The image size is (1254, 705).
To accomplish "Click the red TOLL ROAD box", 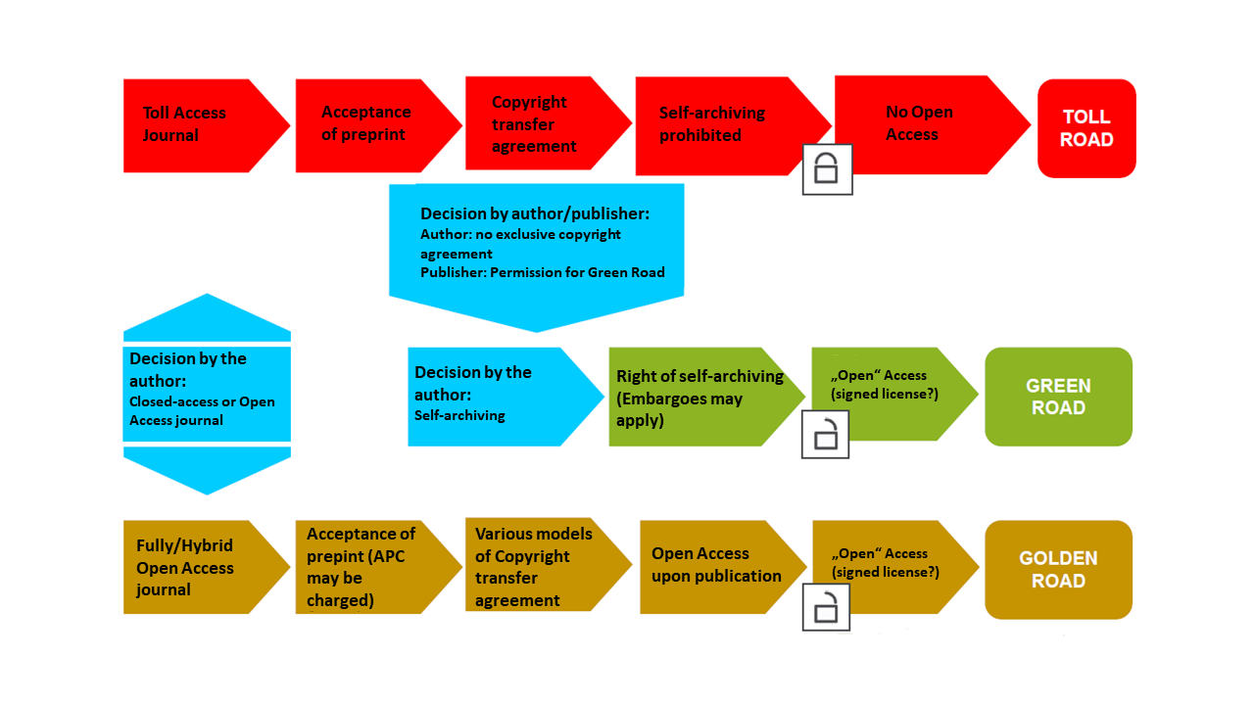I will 1086,128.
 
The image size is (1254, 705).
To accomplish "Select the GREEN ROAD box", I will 1058,397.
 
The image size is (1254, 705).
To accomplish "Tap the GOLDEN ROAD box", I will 1058,569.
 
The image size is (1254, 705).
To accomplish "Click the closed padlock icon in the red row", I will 827,169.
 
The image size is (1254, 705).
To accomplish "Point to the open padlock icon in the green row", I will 825,433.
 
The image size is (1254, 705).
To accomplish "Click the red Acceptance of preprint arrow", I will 368,124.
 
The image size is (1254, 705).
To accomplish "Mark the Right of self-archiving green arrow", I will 698,397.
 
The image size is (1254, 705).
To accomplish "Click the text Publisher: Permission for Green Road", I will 542,272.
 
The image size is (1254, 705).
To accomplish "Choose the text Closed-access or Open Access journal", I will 202,411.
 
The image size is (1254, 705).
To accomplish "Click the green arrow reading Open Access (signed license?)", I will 882,385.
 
